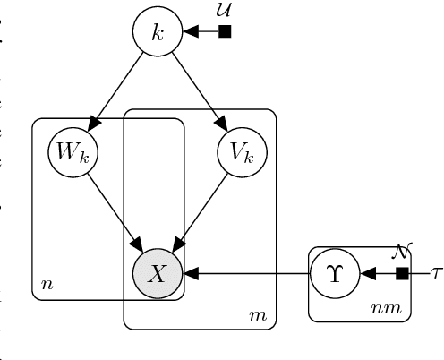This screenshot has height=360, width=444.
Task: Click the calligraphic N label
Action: coord(401,252)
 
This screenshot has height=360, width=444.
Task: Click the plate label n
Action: coord(46,287)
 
